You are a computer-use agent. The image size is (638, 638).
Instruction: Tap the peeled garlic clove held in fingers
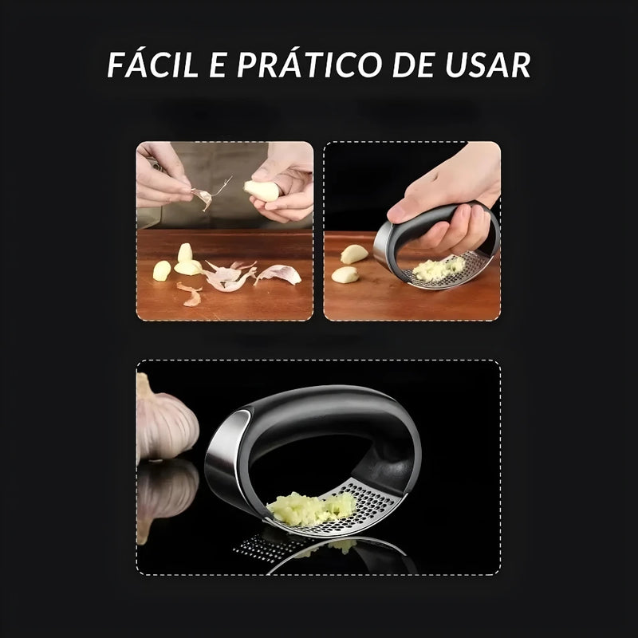coord(263,190)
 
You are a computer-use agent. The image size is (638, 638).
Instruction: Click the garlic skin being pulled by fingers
coord(204,196)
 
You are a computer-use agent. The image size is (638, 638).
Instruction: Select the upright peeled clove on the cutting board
coord(185,254)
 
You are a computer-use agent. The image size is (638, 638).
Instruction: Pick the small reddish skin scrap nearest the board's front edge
coord(191,299)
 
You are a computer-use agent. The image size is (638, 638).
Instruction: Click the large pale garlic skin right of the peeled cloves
coord(278,275)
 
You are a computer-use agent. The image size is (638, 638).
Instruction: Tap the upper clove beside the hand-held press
coord(355,254)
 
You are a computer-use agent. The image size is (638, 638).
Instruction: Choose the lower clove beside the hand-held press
coord(345,275)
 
